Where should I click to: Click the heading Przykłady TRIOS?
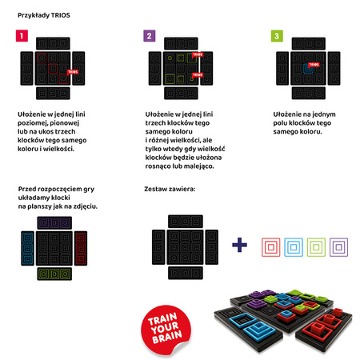[44, 15]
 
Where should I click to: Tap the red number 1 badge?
[22, 36]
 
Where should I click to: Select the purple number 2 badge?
[150, 36]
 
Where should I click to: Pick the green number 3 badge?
[277, 36]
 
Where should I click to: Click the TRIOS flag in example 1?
[73, 72]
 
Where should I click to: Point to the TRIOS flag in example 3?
[314, 65]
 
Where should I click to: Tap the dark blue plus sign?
[239, 245]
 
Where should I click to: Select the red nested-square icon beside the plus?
[271, 247]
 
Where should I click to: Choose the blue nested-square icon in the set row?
[294, 247]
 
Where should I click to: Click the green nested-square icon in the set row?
[316, 247]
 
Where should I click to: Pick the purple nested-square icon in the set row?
[338, 247]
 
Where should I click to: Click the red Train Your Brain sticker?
[166, 330]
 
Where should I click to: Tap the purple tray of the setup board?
[54, 222]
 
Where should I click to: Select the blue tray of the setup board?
[27, 248]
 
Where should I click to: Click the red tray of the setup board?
[81, 248]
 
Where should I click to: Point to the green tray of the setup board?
[54, 274]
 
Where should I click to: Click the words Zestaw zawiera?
[170, 189]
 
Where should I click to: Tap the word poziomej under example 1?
[30, 123]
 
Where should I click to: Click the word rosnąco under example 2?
[157, 166]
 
